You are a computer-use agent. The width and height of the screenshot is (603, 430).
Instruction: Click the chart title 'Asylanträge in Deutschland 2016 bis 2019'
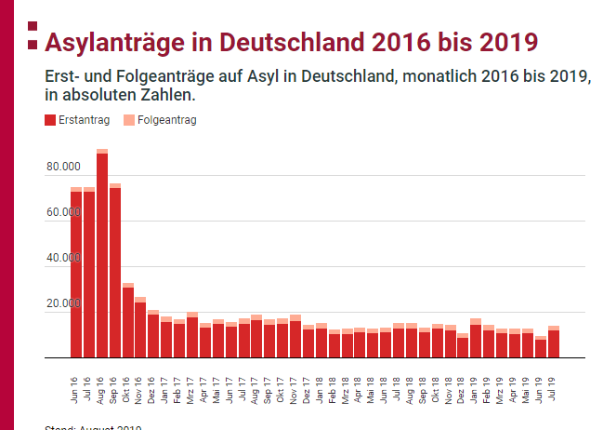pyautogui.click(x=291, y=43)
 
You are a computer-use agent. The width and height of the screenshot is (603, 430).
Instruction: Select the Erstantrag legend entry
pyautogui.click(x=78, y=120)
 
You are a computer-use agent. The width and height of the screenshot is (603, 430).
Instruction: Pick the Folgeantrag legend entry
pyautogui.click(x=162, y=120)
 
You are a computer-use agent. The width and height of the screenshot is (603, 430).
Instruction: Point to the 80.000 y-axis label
pyautogui.click(x=62, y=167)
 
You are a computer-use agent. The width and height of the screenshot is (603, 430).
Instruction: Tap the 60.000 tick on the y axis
pyautogui.click(x=62, y=212)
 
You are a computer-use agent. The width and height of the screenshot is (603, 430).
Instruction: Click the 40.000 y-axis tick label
pyautogui.click(x=62, y=258)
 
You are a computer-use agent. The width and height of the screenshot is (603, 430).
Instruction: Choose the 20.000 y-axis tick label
pyautogui.click(x=62, y=303)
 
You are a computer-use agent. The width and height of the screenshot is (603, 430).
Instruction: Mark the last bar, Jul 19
pyautogui.click(x=554, y=343)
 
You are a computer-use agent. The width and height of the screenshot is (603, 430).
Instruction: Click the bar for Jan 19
pyautogui.click(x=476, y=341)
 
